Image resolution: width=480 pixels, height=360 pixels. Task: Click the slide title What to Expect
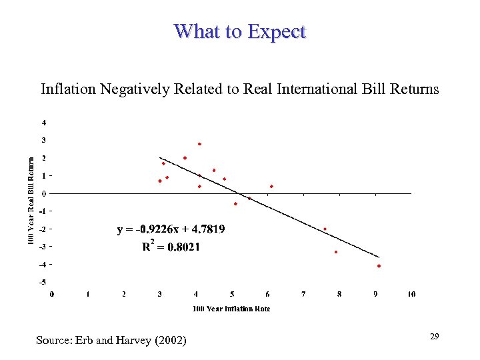coord(239,31)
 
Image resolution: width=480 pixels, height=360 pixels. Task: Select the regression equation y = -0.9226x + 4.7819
coord(171,229)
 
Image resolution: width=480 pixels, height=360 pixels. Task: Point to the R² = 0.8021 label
coord(171,247)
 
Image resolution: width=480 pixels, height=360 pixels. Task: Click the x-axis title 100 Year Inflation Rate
coord(231,308)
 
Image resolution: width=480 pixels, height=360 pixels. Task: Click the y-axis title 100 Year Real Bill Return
coord(31,199)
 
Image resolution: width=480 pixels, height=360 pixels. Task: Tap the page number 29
coord(434,337)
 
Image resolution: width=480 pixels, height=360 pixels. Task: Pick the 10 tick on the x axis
coord(411,294)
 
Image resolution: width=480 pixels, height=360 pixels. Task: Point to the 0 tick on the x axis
coord(52,294)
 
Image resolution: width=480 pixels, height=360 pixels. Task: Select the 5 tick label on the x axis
coord(232,294)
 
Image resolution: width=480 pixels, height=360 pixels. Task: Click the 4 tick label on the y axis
coord(44,123)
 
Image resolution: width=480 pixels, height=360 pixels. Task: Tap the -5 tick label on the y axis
coord(43,282)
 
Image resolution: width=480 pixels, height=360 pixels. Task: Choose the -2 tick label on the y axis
coord(43,229)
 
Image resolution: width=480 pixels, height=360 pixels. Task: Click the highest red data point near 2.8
coord(199,144)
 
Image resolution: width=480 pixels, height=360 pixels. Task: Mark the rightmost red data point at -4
coord(379,265)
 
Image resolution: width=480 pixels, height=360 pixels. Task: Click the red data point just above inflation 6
coord(271,186)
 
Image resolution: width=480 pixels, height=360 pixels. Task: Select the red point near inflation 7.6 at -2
coord(325,229)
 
